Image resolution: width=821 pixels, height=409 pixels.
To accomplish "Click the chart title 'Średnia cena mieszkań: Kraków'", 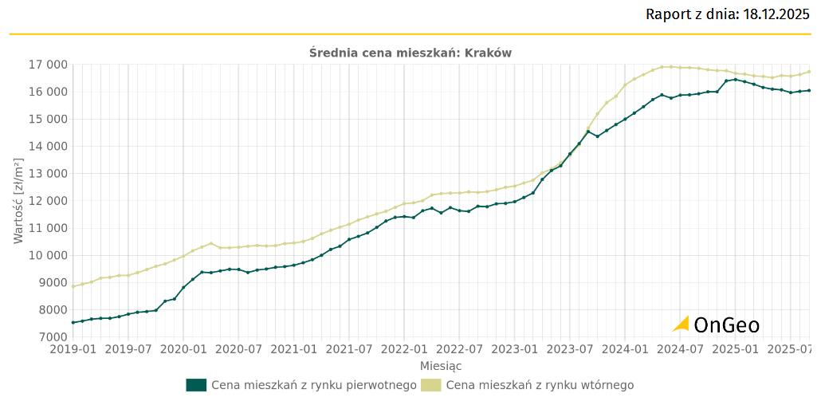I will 410,53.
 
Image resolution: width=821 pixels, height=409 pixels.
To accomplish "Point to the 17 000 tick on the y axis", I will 45,65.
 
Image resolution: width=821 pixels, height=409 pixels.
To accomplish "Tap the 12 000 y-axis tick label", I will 45,201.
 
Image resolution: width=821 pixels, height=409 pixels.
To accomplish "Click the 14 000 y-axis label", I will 45,147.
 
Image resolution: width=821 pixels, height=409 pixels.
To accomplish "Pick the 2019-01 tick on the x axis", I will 73,349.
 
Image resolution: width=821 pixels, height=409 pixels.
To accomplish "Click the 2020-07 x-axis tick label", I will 239,349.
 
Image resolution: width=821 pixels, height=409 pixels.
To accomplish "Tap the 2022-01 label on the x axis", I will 405,349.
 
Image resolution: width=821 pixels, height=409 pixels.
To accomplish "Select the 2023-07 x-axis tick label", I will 572,349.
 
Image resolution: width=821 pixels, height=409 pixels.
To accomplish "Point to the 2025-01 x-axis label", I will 737,349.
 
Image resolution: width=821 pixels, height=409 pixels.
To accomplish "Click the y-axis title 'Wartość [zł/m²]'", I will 18,201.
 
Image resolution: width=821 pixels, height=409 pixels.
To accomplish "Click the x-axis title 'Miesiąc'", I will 441,366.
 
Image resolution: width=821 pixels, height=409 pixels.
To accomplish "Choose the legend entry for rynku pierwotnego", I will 313,385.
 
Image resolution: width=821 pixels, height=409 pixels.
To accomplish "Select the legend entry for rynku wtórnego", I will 540,385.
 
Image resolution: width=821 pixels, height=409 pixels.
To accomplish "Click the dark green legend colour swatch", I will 196,385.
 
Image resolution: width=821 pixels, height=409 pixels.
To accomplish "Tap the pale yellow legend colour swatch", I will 431,385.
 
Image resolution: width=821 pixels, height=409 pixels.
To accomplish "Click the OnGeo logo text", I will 726,324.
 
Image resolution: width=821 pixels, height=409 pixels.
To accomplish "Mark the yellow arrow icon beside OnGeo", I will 681,324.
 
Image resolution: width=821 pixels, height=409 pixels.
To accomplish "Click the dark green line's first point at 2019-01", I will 73,322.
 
